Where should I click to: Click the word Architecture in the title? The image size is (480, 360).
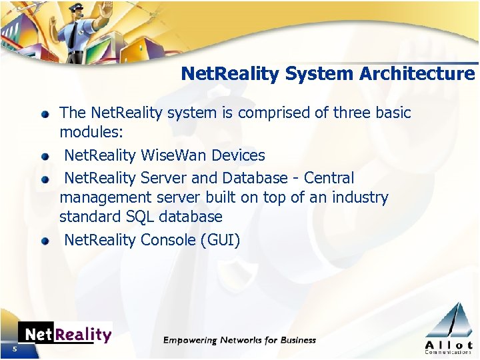click(417, 73)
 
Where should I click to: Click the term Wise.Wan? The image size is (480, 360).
click(174, 155)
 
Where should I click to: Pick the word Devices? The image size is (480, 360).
click(238, 155)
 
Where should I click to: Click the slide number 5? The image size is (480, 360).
click(13, 350)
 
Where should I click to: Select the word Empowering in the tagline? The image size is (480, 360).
click(190, 340)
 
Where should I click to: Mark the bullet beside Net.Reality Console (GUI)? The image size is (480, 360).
click(45, 241)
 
